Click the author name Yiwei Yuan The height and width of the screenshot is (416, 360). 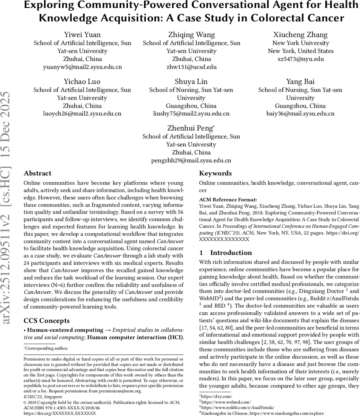point(82,35)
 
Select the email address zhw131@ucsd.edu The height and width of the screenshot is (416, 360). point(191,67)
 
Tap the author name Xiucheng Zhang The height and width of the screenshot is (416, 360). point(300,35)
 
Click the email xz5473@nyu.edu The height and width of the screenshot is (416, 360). point(300,59)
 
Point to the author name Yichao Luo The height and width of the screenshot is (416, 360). point(82,82)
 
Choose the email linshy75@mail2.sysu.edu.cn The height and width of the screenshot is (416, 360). point(191,114)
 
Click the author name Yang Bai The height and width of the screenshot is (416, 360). point(300,82)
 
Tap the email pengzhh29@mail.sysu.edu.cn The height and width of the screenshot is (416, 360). point(191,161)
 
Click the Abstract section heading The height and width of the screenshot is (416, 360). point(37,173)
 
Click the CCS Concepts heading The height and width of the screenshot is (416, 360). point(46,321)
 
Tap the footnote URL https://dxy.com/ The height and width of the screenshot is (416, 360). point(216,396)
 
